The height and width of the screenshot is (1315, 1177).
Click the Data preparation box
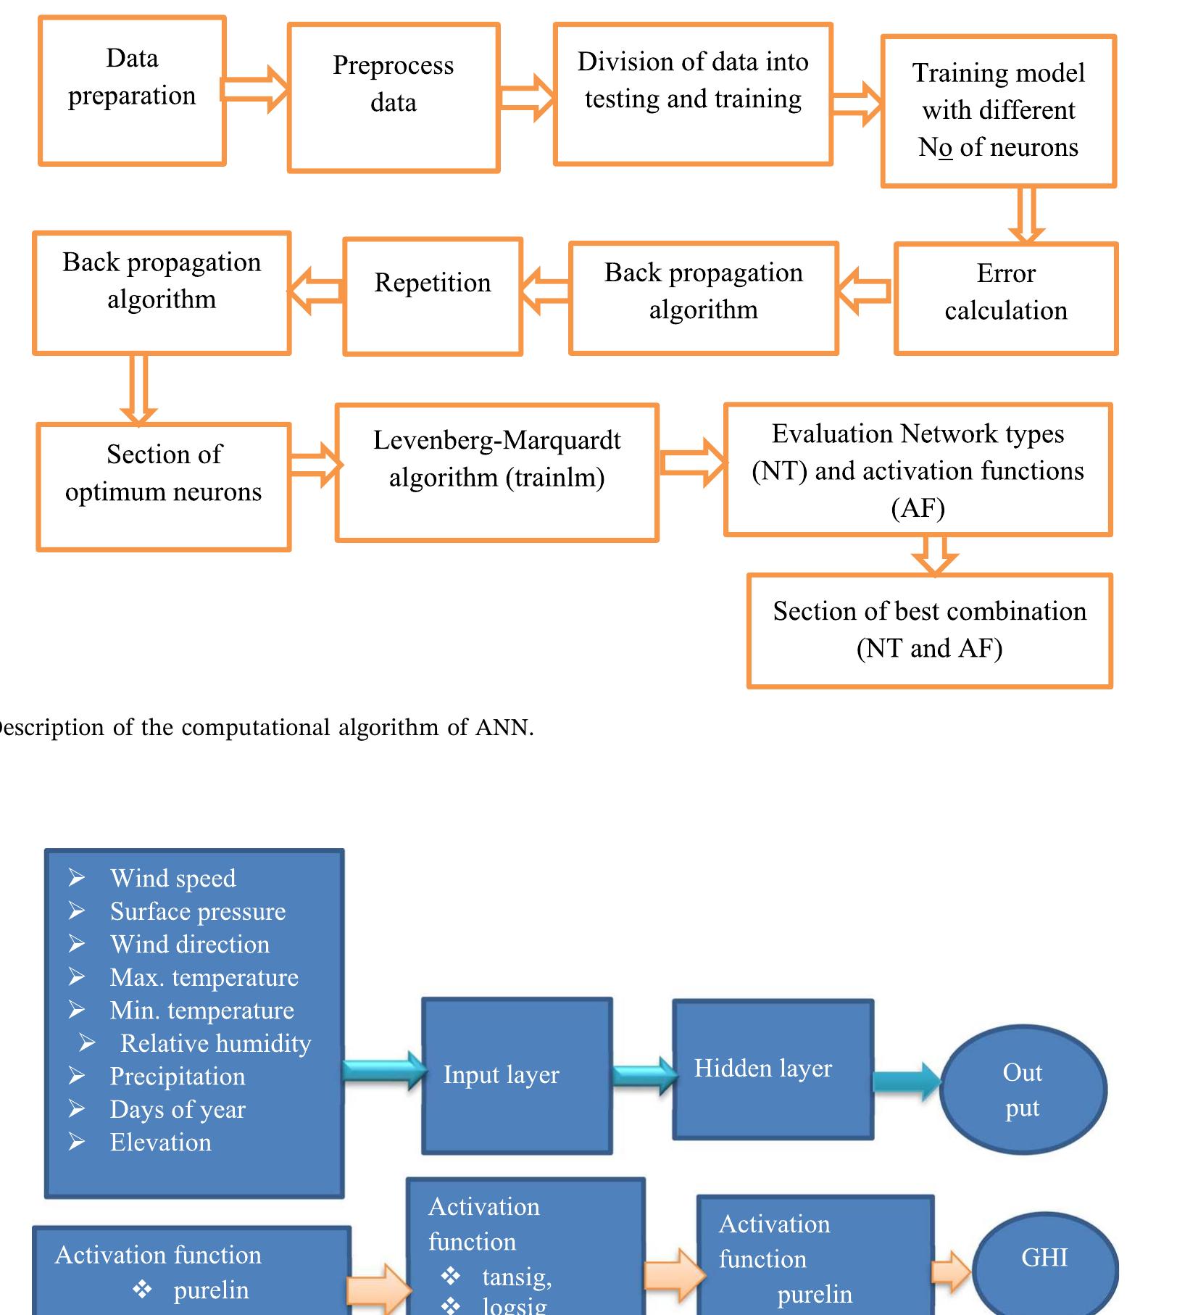coord(132,91)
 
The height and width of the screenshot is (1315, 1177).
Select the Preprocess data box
coord(394,98)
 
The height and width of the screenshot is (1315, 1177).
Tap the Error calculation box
coord(1006,298)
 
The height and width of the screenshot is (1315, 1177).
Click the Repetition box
coord(433,296)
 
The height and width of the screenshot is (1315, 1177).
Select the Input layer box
coord(517,1076)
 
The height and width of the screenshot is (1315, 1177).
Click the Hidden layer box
coord(773,1069)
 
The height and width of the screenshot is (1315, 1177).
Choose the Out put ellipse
coord(1023,1090)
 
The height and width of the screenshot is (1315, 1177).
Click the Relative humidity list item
coord(215,1043)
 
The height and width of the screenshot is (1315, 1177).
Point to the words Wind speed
coord(172,879)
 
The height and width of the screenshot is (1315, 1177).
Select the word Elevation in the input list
coord(160,1142)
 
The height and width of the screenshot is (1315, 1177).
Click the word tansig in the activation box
coord(517,1277)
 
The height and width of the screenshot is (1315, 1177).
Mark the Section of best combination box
coord(929,630)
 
